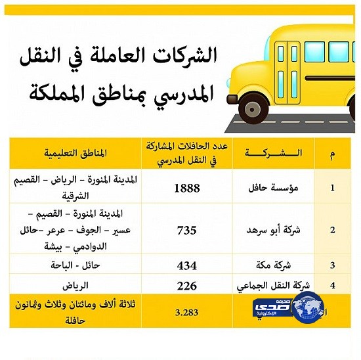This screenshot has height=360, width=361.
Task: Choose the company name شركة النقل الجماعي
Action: pyautogui.click(x=266, y=286)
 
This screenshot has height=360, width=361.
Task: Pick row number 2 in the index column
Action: pyautogui.click(x=333, y=231)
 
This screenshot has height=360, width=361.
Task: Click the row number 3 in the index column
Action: pyautogui.click(x=333, y=266)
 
